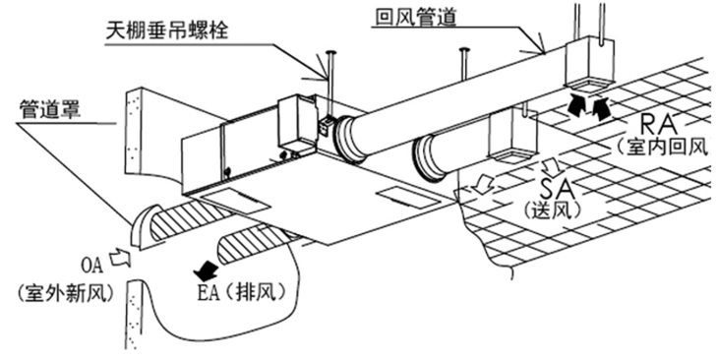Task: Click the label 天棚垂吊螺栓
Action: click(x=166, y=30)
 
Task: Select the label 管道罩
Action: click(x=50, y=110)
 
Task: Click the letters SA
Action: click(x=555, y=188)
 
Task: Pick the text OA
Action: click(x=92, y=266)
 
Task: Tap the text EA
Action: click(x=208, y=293)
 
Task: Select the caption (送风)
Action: click(x=553, y=210)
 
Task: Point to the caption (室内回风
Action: click(x=662, y=147)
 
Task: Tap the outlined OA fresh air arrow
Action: click(x=120, y=258)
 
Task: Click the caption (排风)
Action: click(x=256, y=293)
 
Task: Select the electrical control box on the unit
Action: click(x=297, y=125)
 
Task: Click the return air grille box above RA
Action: click(x=590, y=64)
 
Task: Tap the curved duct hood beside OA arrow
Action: click(x=143, y=226)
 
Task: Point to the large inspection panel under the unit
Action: click(x=233, y=202)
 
